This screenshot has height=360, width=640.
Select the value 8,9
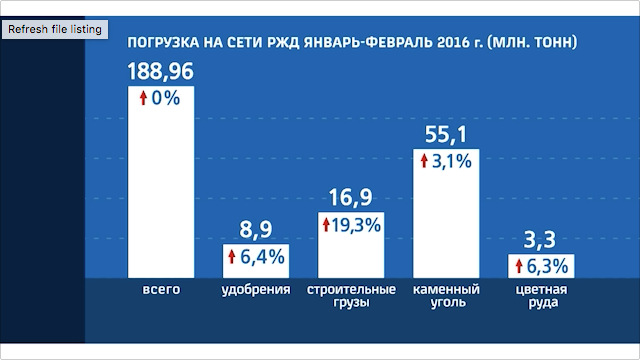(x=255, y=231)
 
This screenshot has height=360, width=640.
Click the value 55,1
(x=446, y=134)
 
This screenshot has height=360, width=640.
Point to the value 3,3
(x=541, y=241)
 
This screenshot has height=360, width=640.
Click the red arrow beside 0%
(x=143, y=99)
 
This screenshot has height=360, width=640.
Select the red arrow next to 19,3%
(x=326, y=225)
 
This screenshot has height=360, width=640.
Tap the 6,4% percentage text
(x=262, y=258)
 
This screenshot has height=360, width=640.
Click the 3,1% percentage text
(x=452, y=160)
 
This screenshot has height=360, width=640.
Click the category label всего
(x=160, y=291)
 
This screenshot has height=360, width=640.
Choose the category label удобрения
(x=255, y=291)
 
